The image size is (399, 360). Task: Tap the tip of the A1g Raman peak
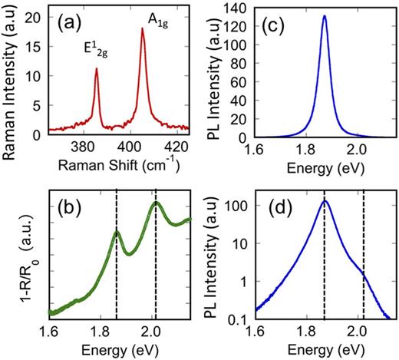(142, 29)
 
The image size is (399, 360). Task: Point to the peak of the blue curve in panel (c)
(325, 16)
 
